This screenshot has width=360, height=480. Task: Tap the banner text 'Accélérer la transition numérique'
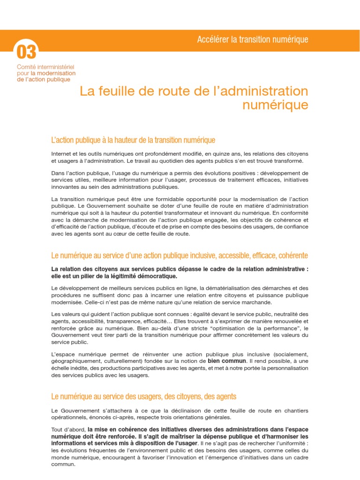253,39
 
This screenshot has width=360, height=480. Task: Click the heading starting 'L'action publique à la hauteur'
133,140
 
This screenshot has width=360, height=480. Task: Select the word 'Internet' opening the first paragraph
62,154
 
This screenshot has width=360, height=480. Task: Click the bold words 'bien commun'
227,361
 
